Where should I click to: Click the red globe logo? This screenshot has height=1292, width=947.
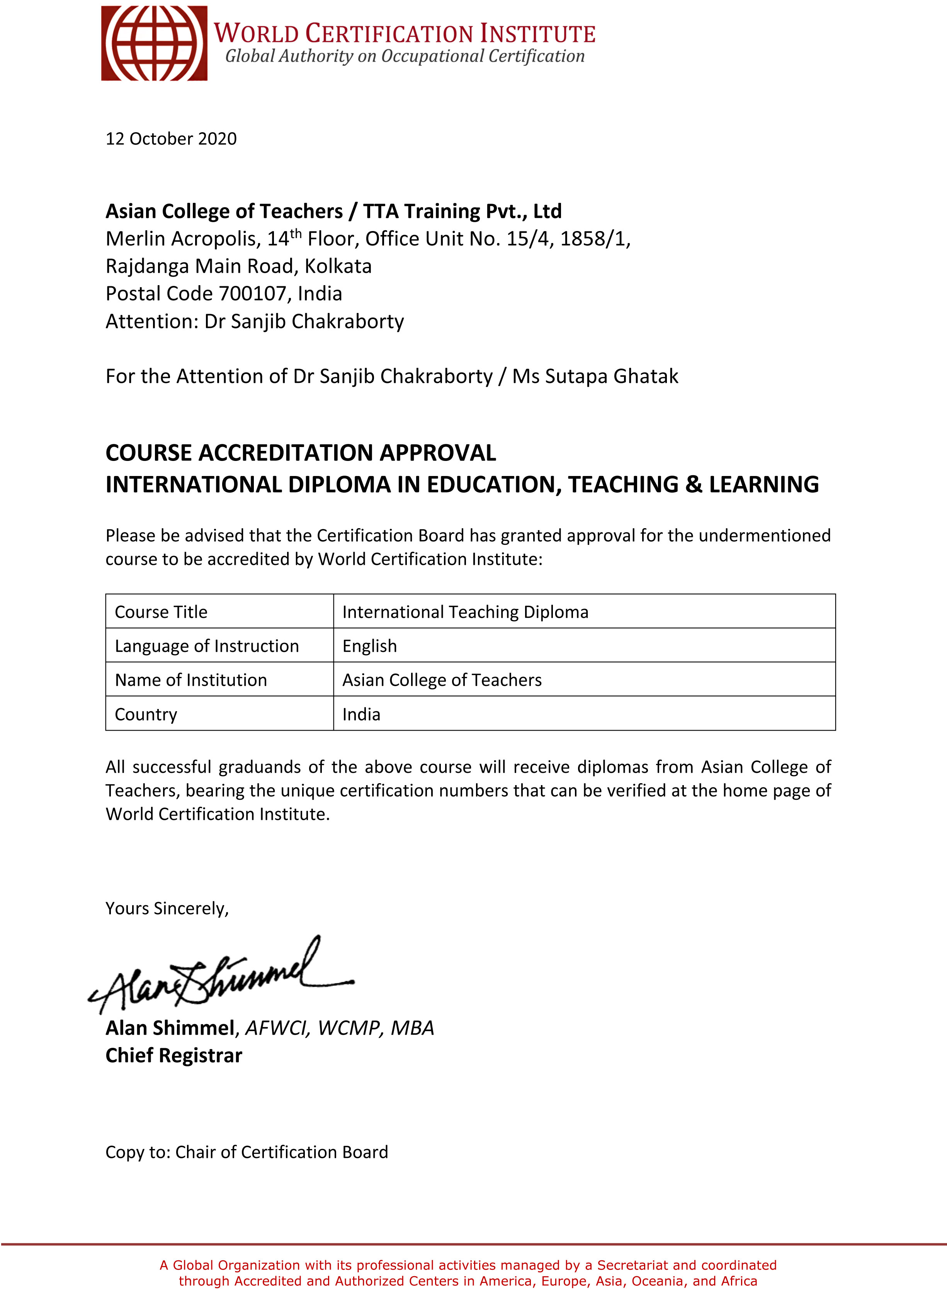pos(154,44)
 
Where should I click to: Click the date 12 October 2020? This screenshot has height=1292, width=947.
pos(171,139)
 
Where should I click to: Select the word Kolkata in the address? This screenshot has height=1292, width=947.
pos(338,266)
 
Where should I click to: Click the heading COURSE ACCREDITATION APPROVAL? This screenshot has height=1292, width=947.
pos(300,453)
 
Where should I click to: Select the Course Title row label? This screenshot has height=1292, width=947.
pos(161,612)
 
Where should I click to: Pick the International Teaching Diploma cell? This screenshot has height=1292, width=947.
pos(465,612)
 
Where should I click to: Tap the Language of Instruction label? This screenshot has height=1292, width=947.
pos(206,646)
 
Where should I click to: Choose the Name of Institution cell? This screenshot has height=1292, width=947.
pos(191,680)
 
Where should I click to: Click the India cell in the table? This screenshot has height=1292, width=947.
pos(361,714)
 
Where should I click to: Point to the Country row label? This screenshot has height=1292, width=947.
pos(146,714)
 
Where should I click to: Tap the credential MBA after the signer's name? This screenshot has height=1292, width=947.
pos(412,1028)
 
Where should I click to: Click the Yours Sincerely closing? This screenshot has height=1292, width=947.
pos(167,908)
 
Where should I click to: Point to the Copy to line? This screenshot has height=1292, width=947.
pos(247,1152)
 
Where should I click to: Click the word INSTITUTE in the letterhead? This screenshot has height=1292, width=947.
pos(538,34)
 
